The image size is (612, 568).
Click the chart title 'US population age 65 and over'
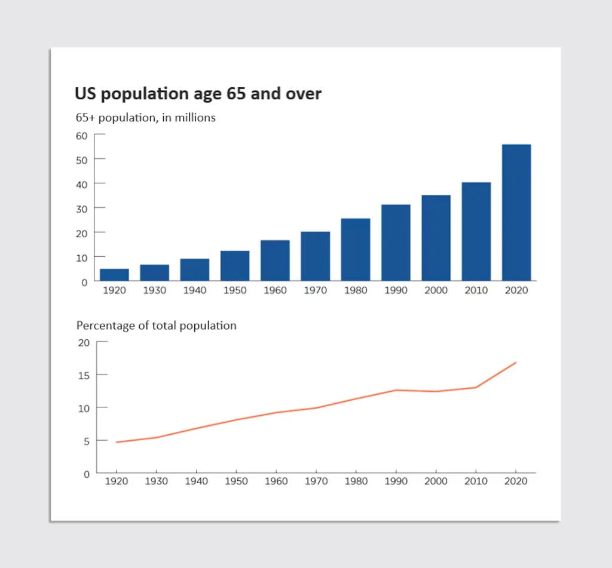198,94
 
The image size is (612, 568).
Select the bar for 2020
516,213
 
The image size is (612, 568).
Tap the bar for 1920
114,275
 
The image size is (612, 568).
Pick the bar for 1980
356,250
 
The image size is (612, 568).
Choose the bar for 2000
436,238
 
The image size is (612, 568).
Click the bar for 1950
235,266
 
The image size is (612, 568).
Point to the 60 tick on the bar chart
81,135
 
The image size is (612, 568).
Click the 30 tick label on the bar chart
81,208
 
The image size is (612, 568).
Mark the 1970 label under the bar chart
315,290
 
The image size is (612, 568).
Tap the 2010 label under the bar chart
476,290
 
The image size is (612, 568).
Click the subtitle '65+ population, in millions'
145,118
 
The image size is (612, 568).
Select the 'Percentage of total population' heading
156,326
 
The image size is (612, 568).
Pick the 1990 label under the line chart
396,481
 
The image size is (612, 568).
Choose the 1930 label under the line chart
155,481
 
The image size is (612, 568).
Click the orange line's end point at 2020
516,363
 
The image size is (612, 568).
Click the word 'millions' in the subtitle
195,118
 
